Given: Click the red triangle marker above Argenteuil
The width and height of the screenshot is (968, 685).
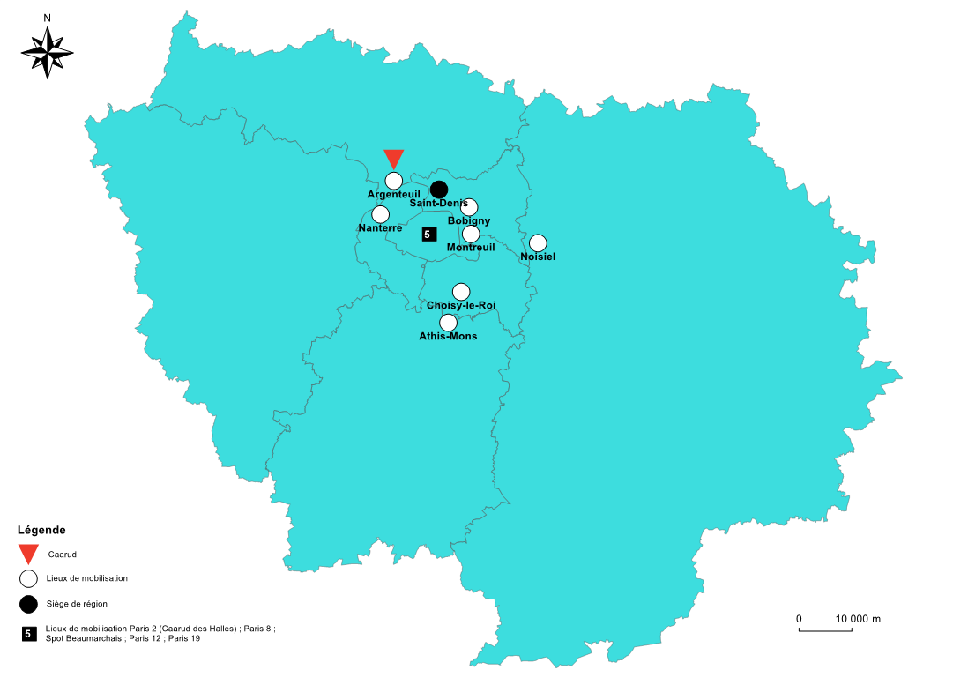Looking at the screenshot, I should [x=393, y=158].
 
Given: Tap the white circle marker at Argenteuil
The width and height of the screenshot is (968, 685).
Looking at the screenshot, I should [x=394, y=180].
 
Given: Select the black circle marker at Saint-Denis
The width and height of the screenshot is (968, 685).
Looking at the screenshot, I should [x=439, y=190].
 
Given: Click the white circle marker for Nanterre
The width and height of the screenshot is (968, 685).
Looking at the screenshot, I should [x=380, y=214].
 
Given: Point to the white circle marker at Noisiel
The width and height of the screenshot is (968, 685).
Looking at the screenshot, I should [x=538, y=243].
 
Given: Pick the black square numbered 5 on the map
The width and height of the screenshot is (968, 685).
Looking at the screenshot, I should [x=428, y=234].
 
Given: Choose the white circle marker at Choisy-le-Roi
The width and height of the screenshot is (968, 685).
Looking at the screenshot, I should [x=461, y=292].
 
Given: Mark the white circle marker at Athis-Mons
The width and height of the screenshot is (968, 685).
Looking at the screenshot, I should [x=448, y=323].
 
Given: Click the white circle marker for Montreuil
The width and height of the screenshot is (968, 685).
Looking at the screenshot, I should [x=471, y=234].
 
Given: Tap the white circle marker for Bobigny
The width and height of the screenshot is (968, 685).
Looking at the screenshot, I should [x=469, y=207].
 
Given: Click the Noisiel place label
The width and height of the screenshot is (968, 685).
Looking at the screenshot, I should [x=538, y=257].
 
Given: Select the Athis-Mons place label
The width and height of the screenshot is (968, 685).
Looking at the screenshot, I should [x=448, y=336].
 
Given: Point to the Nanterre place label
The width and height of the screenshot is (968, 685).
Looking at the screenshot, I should [x=381, y=227].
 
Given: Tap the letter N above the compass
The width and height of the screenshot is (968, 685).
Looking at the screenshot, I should [x=47, y=18].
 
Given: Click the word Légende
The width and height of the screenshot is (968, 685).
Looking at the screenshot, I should [x=41, y=530].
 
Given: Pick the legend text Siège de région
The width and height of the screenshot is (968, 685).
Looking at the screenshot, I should [x=77, y=604].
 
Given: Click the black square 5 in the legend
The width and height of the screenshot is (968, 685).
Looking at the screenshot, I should [x=29, y=633].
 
